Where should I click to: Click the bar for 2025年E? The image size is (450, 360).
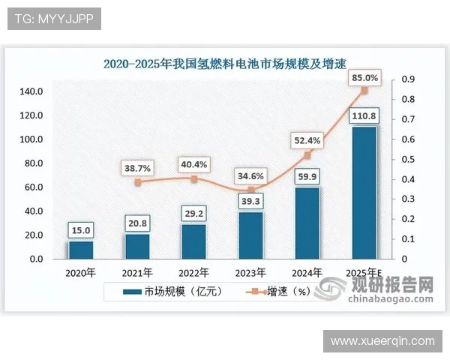coord(364,193)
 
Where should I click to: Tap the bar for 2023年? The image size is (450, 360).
coord(251,235)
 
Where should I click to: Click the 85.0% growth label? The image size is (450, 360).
coord(364,78)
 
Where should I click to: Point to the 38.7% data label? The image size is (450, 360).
coord(136,169)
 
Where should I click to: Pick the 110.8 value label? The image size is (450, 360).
coord(364,115)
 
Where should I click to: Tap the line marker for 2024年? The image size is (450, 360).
coord(307,155)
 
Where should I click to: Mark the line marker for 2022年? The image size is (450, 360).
coord(193,179)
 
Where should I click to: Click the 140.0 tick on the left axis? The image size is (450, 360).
coord(31,91)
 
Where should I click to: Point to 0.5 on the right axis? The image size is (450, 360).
coord(409,160)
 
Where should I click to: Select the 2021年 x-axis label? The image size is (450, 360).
coord(137,272)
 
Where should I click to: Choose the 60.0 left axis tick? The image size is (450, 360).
coord(34,187)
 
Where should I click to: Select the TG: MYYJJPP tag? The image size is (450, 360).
coord(53,19)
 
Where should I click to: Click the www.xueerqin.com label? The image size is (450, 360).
coord(382,341)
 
